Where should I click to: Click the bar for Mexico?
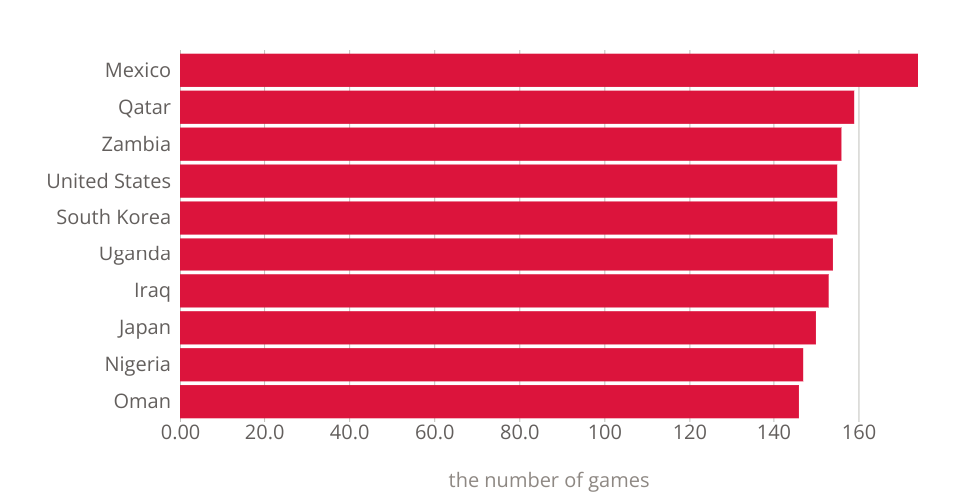[549, 71]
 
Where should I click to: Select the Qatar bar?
[517, 108]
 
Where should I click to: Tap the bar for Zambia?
[511, 144]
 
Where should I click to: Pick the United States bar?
[509, 181]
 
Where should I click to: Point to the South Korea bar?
[509, 218]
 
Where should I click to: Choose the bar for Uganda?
[507, 254]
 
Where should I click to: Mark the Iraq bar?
[505, 291]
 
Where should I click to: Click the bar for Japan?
[498, 328]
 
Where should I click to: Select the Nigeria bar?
[492, 365]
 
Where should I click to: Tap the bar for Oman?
[490, 402]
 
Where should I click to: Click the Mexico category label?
[138, 71]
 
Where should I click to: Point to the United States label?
[109, 181]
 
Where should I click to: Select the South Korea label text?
[114, 218]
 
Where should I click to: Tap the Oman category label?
[142, 402]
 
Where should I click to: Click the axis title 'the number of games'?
[549, 480]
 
